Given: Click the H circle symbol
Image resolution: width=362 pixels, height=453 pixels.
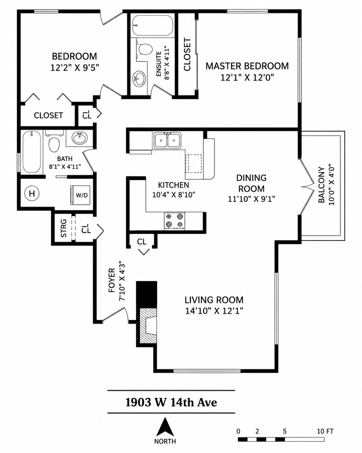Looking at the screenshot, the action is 32,193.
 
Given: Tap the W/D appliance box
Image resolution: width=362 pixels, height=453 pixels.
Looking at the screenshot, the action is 80,195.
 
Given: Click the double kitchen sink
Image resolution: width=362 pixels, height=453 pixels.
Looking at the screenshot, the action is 167,140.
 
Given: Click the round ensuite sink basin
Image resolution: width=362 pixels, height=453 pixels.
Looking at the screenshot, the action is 139,79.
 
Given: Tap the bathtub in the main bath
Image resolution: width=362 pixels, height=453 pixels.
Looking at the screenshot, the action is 32,152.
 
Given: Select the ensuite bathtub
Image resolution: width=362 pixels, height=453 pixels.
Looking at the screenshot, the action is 153,25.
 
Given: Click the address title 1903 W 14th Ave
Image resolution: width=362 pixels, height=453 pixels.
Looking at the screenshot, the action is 171,402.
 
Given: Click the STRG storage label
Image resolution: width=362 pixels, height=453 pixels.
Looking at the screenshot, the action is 64,228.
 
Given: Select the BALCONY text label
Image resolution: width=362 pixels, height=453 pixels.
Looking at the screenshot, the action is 321,185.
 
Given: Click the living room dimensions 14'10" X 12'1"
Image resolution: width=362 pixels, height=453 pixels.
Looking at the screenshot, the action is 214,311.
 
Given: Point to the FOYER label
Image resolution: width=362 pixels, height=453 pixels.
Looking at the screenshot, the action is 112,280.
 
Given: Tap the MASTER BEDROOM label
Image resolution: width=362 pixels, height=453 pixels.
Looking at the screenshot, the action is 247,66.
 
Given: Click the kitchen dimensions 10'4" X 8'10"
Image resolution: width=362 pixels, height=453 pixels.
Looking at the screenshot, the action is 174,195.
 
